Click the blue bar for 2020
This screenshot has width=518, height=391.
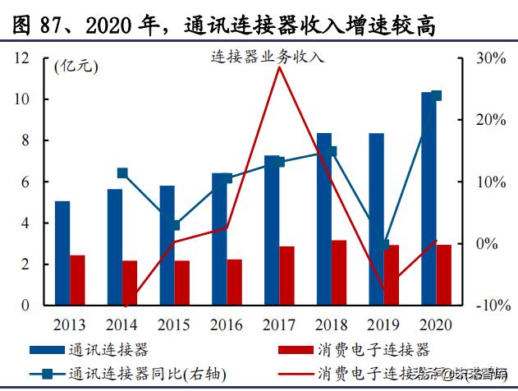428,198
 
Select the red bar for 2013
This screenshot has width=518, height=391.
77,279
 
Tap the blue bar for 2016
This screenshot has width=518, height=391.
219,238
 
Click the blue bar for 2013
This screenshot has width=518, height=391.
62,252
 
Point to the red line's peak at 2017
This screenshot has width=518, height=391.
279,68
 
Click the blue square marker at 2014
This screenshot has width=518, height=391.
122,173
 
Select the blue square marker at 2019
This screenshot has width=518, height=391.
384,244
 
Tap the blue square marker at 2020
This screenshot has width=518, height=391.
437,95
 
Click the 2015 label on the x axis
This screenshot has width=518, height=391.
174,324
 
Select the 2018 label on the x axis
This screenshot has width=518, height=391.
331,324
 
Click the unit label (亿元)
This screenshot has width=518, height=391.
73,68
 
